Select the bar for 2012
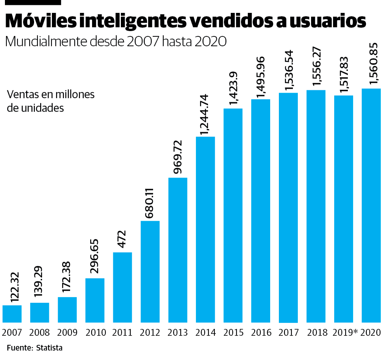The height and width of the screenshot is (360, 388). pos(150,271)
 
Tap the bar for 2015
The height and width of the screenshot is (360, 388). pos(233,215)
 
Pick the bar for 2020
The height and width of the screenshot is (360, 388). pos(371,205)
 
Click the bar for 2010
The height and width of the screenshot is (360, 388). pos(95,300)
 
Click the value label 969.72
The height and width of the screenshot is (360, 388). pos(177,157)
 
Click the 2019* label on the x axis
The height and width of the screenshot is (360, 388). pos(345,333)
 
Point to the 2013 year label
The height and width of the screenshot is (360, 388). pos(178,333)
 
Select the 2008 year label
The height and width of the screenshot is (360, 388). pos(39,333)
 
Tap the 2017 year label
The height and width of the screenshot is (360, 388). pos(288,333)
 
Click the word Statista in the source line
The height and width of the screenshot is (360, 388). pos(49,348)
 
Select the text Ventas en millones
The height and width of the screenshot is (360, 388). pos(51,94)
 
